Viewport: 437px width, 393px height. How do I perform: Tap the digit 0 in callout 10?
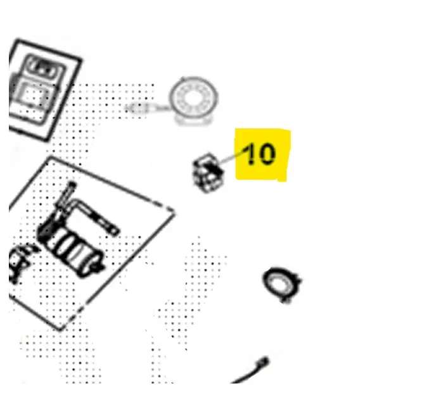[267, 154]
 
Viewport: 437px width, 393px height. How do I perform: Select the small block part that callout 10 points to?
[208, 172]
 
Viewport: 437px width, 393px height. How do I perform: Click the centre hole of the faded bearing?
[193, 98]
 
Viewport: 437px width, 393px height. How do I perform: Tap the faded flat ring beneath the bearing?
[193, 120]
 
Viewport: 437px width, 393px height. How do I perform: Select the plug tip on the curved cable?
[263, 362]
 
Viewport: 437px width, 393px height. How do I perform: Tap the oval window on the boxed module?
[42, 67]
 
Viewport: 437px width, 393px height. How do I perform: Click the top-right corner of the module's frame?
[81, 60]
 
